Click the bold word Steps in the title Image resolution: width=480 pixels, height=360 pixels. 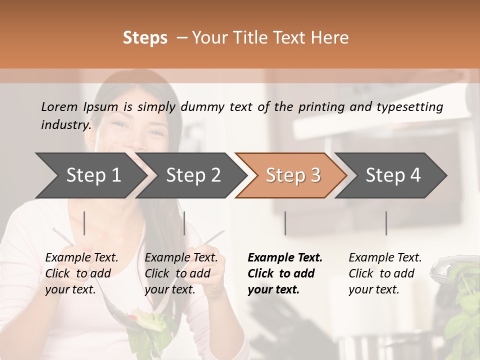145,38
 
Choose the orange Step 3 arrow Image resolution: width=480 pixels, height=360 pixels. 293,175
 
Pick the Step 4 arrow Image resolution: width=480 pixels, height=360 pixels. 393,175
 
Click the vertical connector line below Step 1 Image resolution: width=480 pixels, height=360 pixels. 84,223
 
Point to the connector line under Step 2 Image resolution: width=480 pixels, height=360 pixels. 184,223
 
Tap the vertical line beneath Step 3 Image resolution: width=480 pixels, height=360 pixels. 285,223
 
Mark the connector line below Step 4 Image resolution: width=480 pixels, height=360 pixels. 386,223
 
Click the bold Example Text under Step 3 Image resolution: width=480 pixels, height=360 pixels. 284,273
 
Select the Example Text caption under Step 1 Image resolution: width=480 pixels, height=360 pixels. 81,273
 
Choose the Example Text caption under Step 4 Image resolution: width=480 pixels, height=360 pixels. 385,273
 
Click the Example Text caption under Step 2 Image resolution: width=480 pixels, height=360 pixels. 181,273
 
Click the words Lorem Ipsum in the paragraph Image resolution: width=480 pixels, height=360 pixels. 79,106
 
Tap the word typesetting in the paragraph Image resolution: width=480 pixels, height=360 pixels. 414,106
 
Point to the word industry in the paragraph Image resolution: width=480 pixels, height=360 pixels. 65,124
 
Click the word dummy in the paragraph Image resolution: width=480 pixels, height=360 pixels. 202,106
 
